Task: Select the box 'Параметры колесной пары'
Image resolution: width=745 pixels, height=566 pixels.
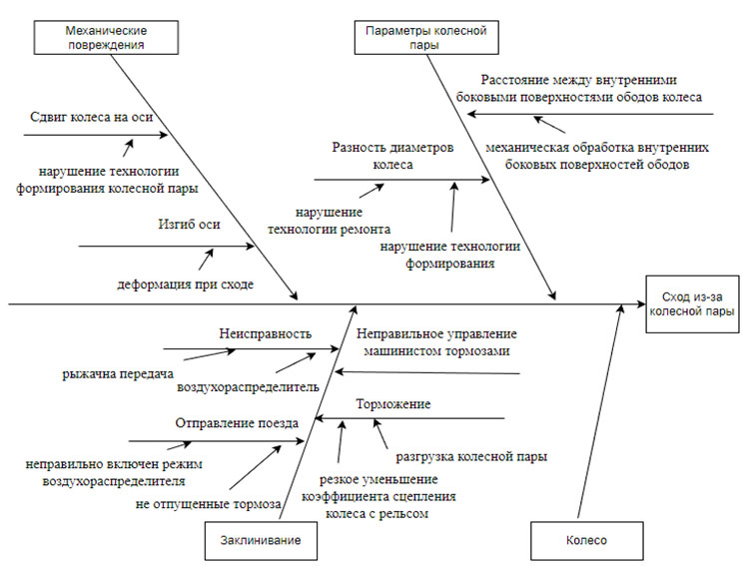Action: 426,38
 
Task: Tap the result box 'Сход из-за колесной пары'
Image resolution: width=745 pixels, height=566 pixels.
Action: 693,302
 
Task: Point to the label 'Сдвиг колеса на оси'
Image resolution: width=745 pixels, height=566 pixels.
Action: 91,118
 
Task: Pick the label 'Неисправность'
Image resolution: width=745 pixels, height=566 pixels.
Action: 265,333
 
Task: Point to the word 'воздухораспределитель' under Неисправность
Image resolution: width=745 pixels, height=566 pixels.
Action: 248,385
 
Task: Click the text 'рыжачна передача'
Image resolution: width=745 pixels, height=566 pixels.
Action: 111,374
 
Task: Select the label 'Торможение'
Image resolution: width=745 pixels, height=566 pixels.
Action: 393,404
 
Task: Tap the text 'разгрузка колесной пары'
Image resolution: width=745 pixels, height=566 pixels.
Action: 470,457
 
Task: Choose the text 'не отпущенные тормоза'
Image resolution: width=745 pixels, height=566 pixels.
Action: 208,503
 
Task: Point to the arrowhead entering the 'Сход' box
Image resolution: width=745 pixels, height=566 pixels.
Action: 640,302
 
